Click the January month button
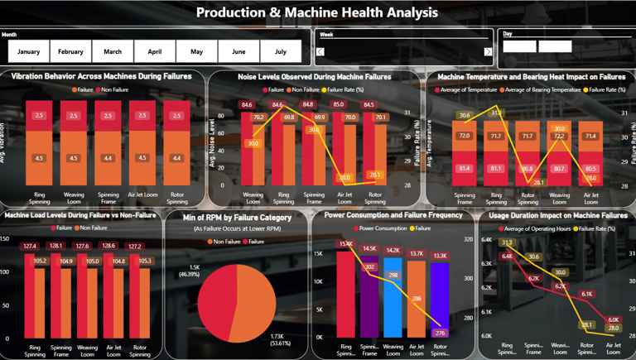29,51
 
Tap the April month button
155,51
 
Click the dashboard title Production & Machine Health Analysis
317,12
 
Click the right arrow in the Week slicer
488,52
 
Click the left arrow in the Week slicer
320,52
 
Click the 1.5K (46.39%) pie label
188,270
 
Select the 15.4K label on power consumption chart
345,244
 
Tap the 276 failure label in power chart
440,333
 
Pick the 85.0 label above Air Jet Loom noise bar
338,105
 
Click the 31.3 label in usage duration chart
507,243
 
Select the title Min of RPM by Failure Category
235,218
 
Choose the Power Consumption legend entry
383,228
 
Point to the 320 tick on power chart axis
468,239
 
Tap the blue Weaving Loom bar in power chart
393,298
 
